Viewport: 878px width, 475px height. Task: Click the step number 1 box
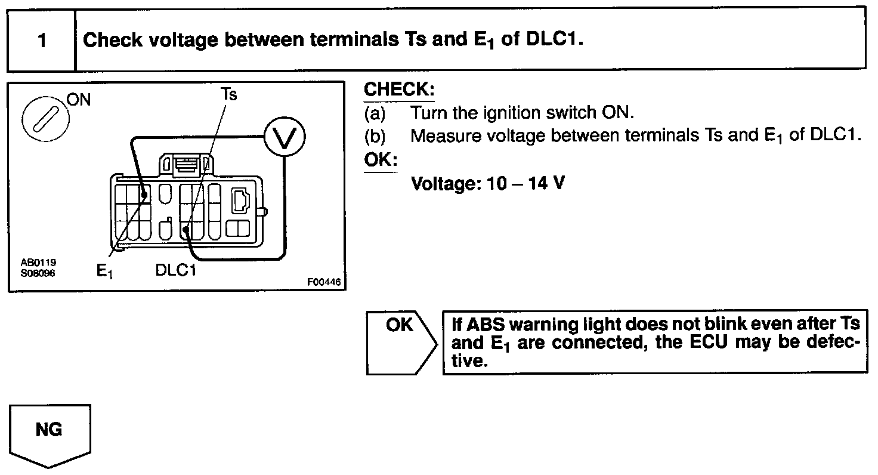41,41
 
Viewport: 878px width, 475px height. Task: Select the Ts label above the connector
228,95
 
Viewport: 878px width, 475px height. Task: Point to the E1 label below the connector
105,272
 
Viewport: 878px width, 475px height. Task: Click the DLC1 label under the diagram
176,270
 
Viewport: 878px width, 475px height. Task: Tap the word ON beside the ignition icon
79,100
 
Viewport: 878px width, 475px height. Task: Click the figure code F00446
325,282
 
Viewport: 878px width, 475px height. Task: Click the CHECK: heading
399,91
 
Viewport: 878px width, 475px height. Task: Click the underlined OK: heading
381,161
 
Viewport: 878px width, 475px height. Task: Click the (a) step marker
375,113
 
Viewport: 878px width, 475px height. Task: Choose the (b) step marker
375,136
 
